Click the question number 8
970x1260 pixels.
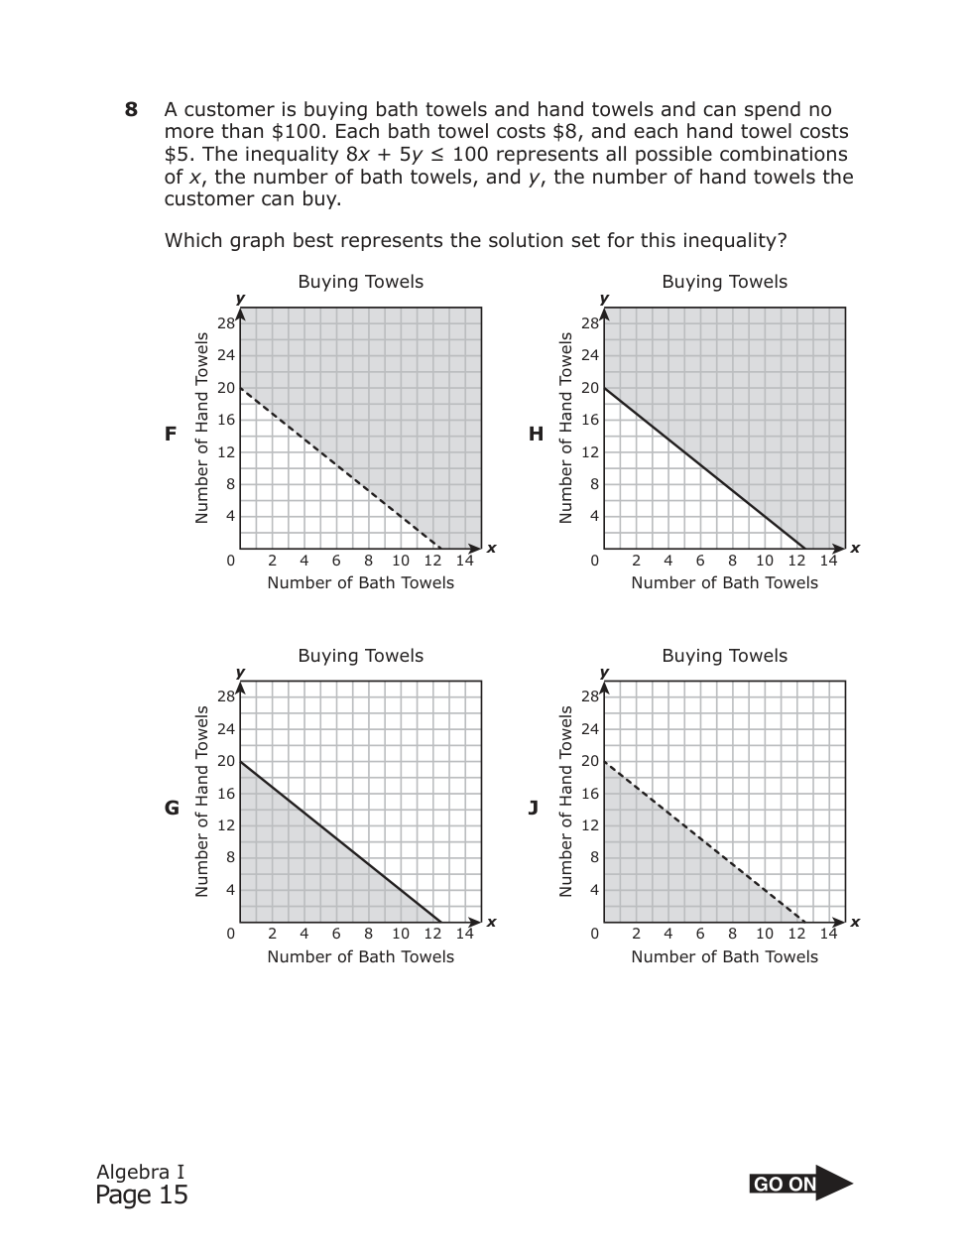pyautogui.click(x=131, y=110)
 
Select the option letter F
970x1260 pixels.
pyautogui.click(x=171, y=434)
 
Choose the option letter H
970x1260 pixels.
pyautogui.click(x=536, y=434)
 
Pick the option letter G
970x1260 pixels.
pyautogui.click(x=172, y=808)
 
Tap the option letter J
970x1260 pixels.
pyautogui.click(x=534, y=808)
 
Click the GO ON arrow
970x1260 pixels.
pyautogui.click(x=801, y=1183)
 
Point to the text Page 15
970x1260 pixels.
pyautogui.click(x=141, y=1196)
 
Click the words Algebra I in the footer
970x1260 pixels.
pyautogui.click(x=140, y=1172)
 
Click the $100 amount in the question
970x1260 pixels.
pyautogui.click(x=294, y=132)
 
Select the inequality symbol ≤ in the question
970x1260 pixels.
pyautogui.click(x=438, y=155)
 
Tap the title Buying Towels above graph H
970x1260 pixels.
pyautogui.click(x=724, y=282)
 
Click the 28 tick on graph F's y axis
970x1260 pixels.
pyautogui.click(x=226, y=323)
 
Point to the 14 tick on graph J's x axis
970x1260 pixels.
pyautogui.click(x=828, y=934)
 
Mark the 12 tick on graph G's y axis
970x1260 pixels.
pyautogui.click(x=226, y=825)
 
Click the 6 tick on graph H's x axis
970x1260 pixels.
pyautogui.click(x=700, y=561)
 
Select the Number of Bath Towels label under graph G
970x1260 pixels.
pyautogui.click(x=360, y=956)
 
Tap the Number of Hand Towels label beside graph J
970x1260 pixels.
pyautogui.click(x=566, y=801)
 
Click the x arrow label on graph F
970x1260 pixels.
pyautogui.click(x=491, y=549)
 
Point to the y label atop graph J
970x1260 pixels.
pyautogui.click(x=604, y=673)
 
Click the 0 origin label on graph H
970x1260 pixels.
pyautogui.click(x=594, y=561)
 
